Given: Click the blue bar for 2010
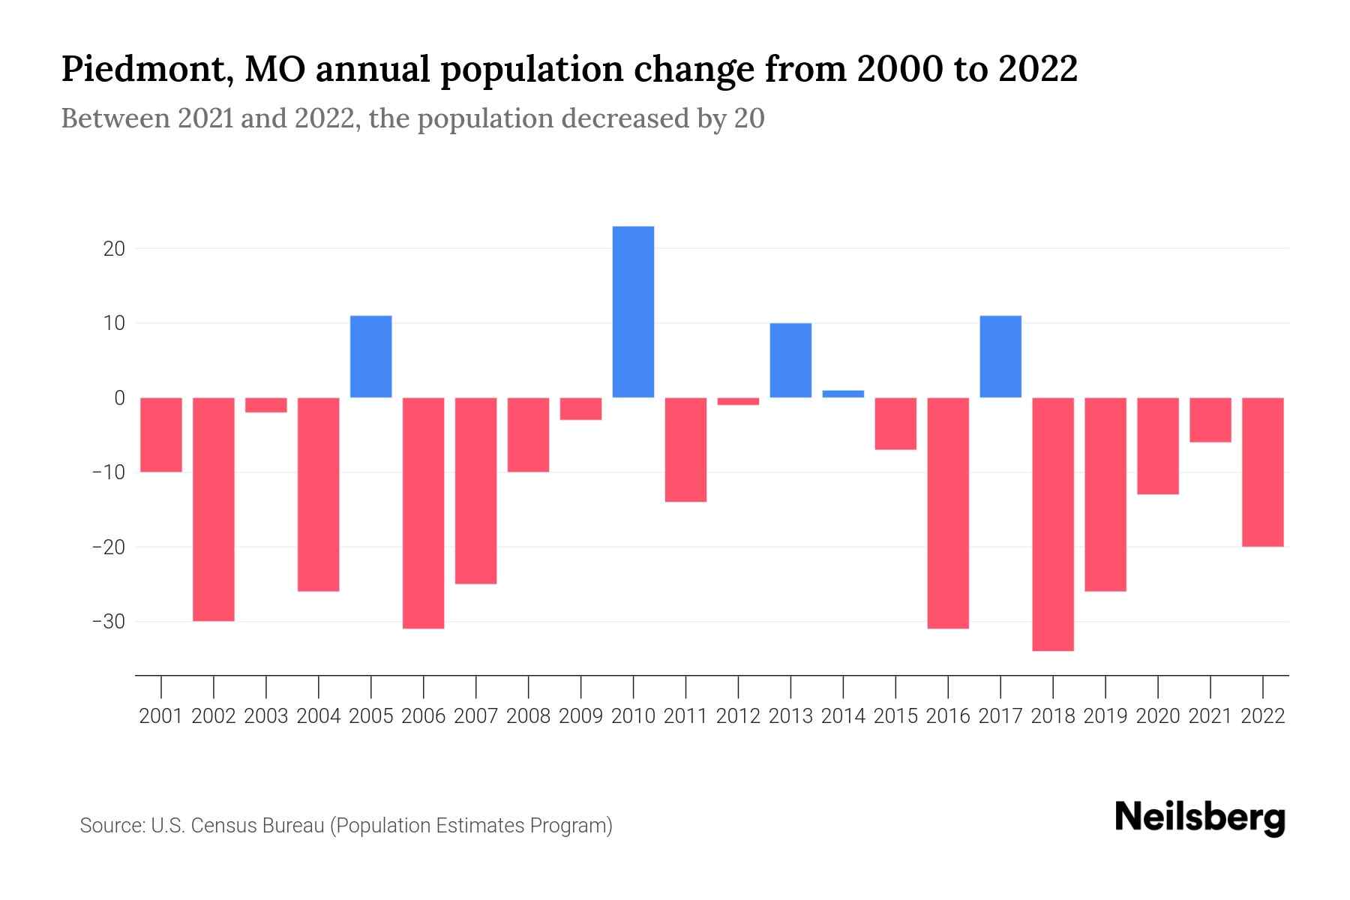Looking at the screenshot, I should [x=633, y=312].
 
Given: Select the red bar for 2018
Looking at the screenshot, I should [x=1053, y=524].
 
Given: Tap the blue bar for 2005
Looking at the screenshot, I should [x=371, y=357].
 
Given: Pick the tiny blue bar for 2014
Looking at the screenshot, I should [x=843, y=394].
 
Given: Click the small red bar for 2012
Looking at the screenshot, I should [x=738, y=401].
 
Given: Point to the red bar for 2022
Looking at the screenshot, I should [x=1263, y=472].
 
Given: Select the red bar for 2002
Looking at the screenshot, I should [x=214, y=509].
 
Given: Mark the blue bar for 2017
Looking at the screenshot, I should [x=1000, y=357].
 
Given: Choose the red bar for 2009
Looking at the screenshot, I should [x=580, y=409].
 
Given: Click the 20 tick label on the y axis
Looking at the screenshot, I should [x=114, y=249].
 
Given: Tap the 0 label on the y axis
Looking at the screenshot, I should [x=119, y=398].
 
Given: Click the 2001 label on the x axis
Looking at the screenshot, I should [x=161, y=716].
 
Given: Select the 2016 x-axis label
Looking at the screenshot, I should [x=948, y=716].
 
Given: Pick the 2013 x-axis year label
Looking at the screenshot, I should [x=790, y=716].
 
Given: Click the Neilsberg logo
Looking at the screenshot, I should [x=1200, y=817].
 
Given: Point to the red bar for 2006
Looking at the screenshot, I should [x=424, y=513].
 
